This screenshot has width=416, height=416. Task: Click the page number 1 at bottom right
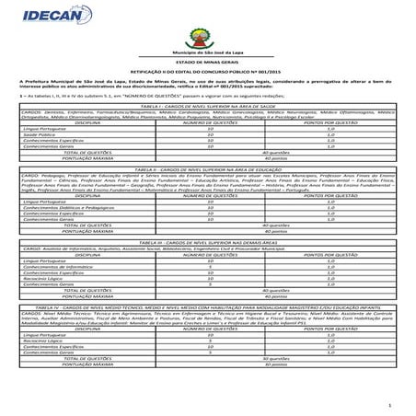pos(390,404)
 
